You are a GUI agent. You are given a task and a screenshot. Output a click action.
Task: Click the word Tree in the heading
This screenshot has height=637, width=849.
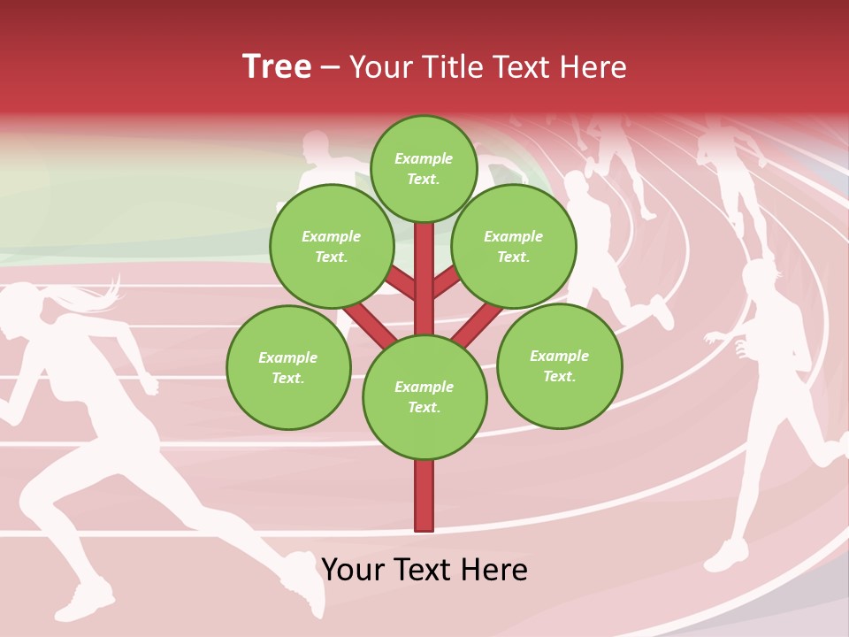click(x=277, y=67)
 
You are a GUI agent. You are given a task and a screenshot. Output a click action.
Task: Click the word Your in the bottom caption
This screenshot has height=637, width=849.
click(x=354, y=570)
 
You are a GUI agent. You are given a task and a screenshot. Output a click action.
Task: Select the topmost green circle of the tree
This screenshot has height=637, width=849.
click(x=424, y=168)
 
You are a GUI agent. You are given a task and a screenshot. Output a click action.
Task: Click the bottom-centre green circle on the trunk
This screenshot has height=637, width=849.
click(x=424, y=397)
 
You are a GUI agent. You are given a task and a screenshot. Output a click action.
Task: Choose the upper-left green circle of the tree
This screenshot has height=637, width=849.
click(x=332, y=246)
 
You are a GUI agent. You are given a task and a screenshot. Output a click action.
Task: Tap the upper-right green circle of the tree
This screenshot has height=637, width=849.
click(x=514, y=246)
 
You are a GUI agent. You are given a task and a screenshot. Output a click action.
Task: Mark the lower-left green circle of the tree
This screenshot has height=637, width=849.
click(x=288, y=367)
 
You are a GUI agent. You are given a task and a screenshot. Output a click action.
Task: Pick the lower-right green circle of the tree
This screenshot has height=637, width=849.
click(x=560, y=365)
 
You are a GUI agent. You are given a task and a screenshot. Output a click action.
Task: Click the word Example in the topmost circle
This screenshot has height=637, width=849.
click(x=424, y=158)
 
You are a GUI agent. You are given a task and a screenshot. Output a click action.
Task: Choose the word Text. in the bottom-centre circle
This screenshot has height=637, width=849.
click(x=424, y=408)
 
